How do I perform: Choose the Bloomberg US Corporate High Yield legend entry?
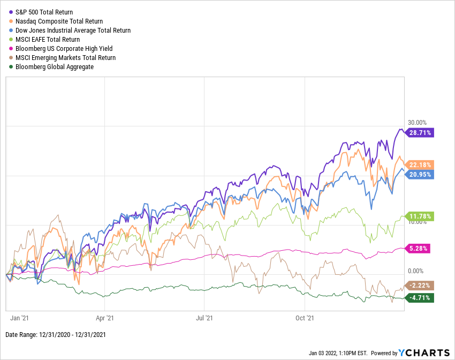pyautogui.click(x=63, y=48)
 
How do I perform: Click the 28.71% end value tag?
pyautogui.click(x=421, y=132)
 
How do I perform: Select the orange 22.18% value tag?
pyautogui.click(x=421, y=164)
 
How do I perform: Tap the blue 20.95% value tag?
pyautogui.click(x=421, y=174)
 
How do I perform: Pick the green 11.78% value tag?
pyautogui.click(x=421, y=216)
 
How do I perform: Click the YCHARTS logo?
pyautogui.click(x=423, y=352)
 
